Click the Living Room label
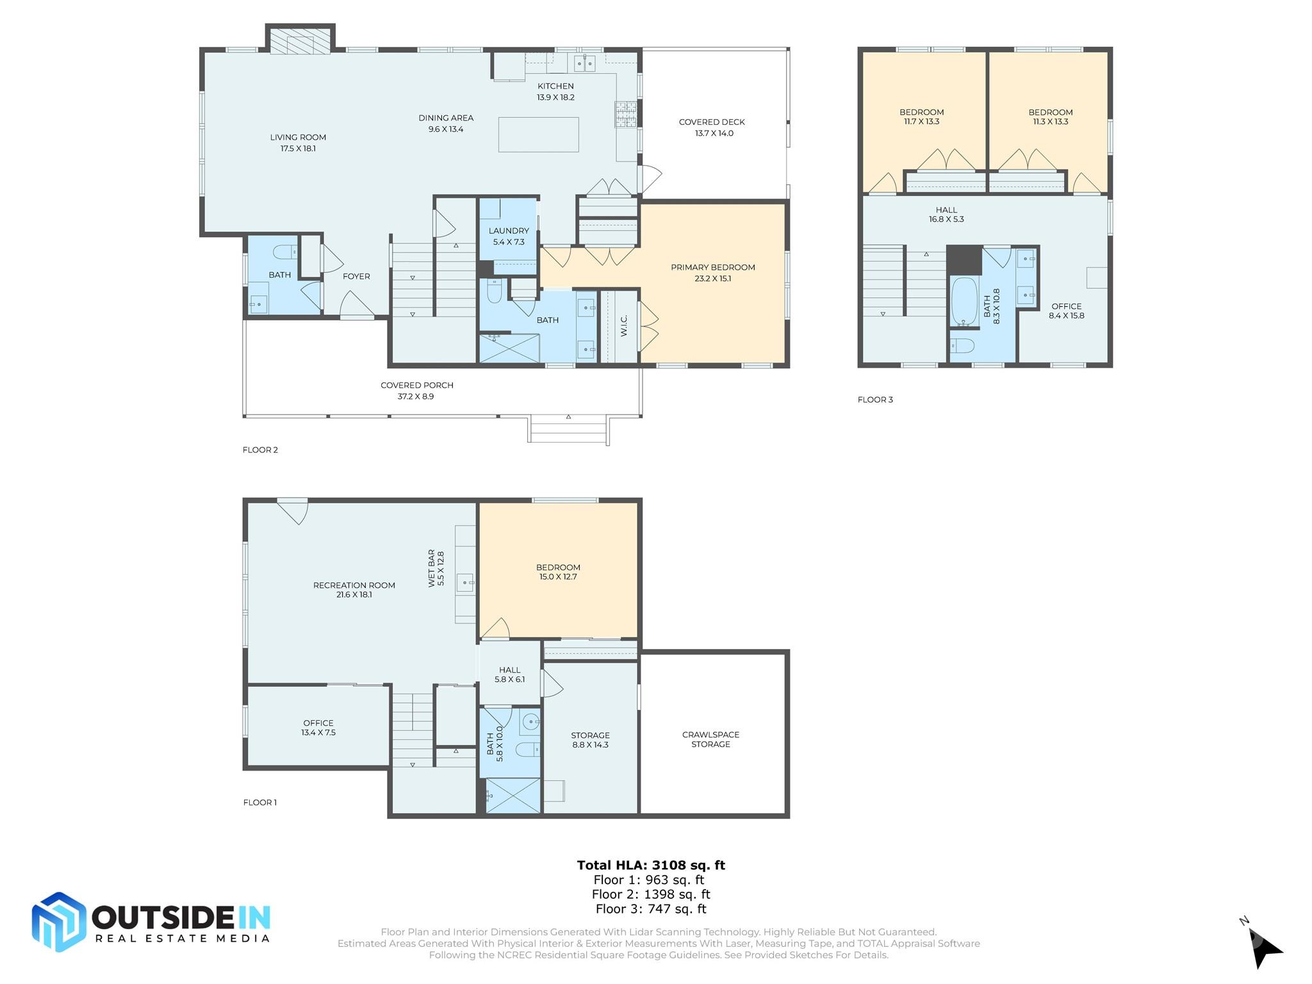(298, 142)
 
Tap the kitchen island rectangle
(538, 135)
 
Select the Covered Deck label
(712, 127)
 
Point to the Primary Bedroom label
(713, 273)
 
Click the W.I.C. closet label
(624, 326)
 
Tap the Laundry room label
(509, 236)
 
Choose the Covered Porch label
(416, 391)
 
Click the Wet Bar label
(436, 568)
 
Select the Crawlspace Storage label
(710, 739)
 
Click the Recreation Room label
(354, 589)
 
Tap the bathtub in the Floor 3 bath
(963, 302)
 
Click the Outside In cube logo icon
(59, 922)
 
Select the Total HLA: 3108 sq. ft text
(651, 865)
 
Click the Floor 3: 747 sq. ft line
(651, 908)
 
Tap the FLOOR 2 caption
(260, 450)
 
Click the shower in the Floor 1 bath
(512, 796)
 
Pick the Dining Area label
(446, 123)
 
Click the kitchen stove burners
(626, 114)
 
